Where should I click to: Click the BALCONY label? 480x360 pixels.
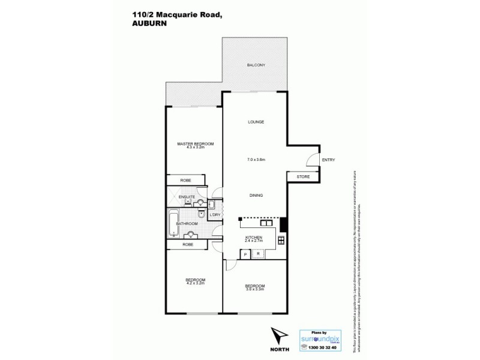pyautogui.click(x=256, y=65)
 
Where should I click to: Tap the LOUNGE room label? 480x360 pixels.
pyautogui.click(x=256, y=122)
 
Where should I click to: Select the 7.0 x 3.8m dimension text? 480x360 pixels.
pyautogui.click(x=256, y=160)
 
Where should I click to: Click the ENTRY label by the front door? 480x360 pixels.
pyautogui.click(x=328, y=160)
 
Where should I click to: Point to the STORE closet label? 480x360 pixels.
pyautogui.click(x=304, y=176)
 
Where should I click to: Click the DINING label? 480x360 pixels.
pyautogui.click(x=256, y=196)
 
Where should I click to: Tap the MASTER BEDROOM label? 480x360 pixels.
pyautogui.click(x=195, y=143)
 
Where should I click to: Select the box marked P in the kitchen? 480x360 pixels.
pyautogui.click(x=245, y=254)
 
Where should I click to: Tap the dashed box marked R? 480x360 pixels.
pyautogui.click(x=258, y=254)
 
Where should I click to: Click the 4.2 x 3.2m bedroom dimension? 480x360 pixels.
pyautogui.click(x=195, y=283)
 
